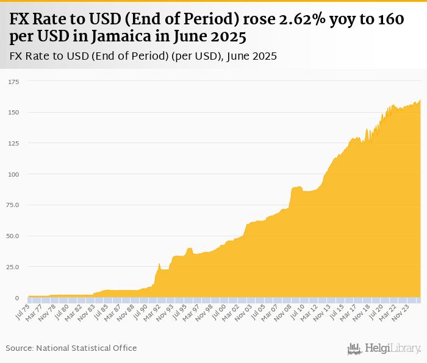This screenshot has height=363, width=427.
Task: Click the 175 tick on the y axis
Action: pyautogui.click(x=13, y=81)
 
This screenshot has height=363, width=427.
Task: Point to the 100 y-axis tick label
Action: pyautogui.click(x=13, y=174)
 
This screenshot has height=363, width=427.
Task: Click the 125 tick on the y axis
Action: pyautogui.click(x=13, y=143)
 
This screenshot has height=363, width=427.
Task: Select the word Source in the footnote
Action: pyautogui.click(x=19, y=348)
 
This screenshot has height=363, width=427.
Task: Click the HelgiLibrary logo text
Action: pyautogui.click(x=393, y=349)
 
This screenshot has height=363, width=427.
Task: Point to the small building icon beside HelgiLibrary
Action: pyautogui.click(x=354, y=349)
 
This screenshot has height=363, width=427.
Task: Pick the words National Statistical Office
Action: pyautogui.click(x=87, y=348)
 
